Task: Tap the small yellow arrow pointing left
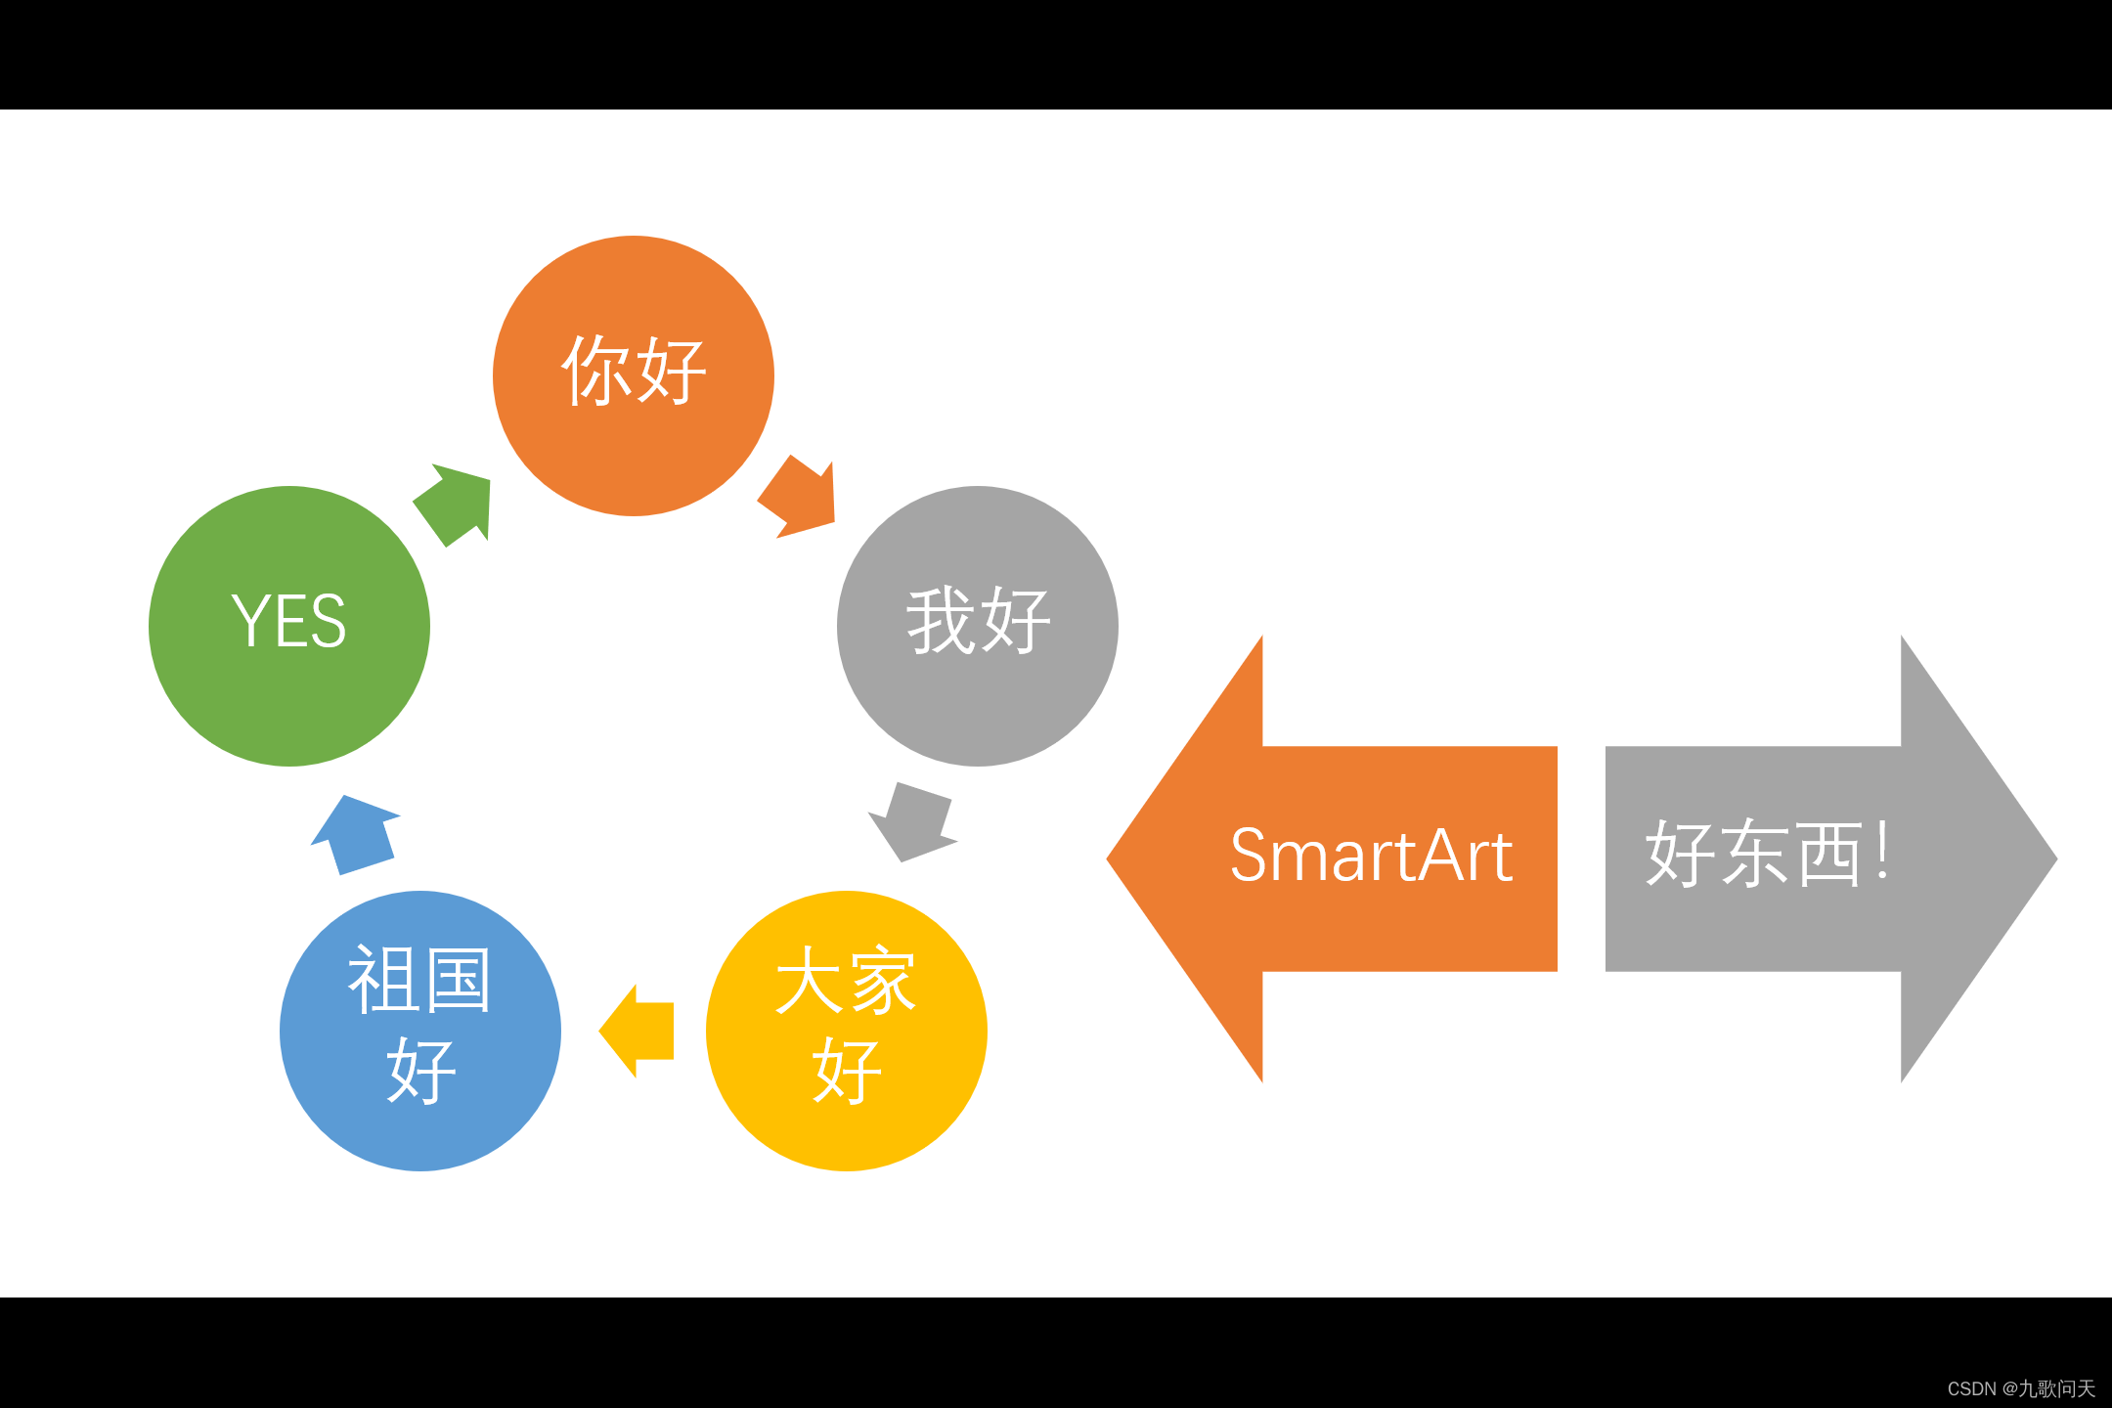(x=640, y=1031)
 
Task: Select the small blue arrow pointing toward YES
(x=354, y=835)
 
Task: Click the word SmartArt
(x=1371, y=857)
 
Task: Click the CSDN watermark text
(x=2020, y=1388)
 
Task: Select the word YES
(x=289, y=621)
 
